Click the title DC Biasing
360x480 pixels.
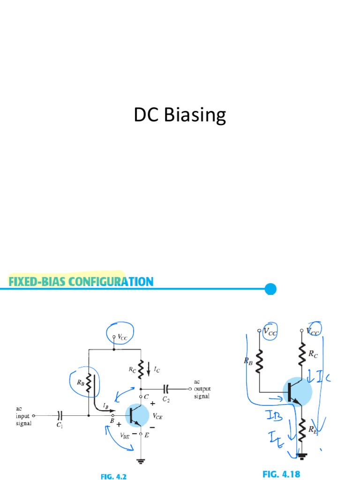[x=180, y=115]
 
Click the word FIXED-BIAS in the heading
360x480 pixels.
[x=38, y=282]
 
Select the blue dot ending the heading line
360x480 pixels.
[x=270, y=289]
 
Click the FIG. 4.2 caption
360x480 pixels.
[x=114, y=476]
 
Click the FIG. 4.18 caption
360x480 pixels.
[x=281, y=474]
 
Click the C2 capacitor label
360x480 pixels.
[x=166, y=399]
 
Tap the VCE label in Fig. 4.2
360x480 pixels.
[x=157, y=415]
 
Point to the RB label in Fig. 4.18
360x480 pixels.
[x=248, y=361]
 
